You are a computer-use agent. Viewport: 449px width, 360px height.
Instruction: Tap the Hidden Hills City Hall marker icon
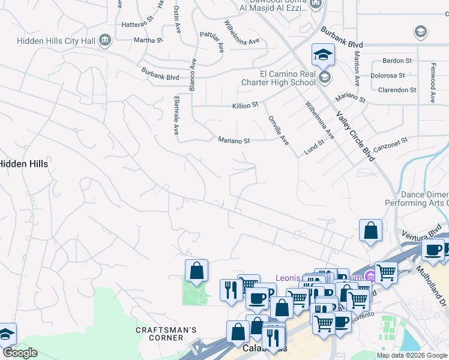coord(106,40)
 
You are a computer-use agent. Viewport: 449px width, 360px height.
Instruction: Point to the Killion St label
coord(245,105)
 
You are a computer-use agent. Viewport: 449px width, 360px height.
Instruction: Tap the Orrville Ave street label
coord(279,130)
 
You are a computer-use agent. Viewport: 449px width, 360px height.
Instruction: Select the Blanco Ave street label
coord(193,74)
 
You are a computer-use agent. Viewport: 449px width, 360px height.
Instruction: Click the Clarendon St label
coord(397,90)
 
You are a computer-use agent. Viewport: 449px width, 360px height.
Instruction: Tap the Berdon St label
coord(397,61)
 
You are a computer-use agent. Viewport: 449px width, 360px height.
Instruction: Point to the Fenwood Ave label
coord(432,83)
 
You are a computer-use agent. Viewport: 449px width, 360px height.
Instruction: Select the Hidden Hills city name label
coord(23,163)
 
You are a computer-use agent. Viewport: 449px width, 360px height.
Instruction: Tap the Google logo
coord(19,352)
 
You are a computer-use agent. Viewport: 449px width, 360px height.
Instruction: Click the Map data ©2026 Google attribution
coord(412,355)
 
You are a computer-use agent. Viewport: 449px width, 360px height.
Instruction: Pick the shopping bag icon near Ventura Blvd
coord(371,230)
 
